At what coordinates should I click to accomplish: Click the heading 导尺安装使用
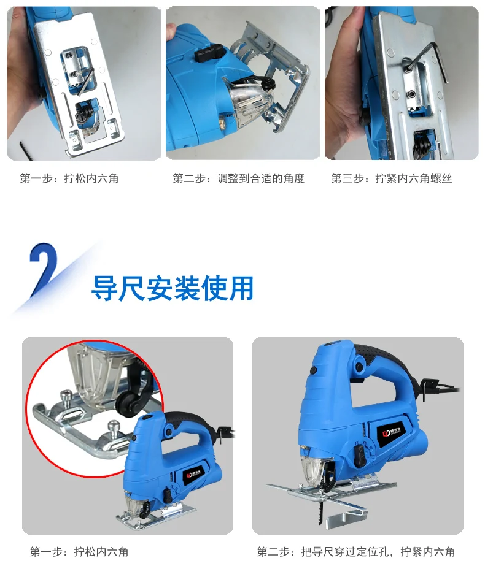tap(173, 288)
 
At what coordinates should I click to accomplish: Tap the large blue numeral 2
tap(43, 269)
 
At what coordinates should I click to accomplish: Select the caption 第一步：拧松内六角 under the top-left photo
tap(69, 178)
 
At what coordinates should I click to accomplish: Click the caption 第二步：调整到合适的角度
tap(238, 178)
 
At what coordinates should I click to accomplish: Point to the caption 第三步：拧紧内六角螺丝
tap(391, 178)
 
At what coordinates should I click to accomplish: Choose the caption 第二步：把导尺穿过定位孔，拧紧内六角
tap(355, 551)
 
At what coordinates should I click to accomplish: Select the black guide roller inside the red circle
tap(126, 402)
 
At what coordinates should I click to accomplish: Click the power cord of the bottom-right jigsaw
tap(441, 388)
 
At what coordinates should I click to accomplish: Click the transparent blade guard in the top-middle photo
tap(247, 100)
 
